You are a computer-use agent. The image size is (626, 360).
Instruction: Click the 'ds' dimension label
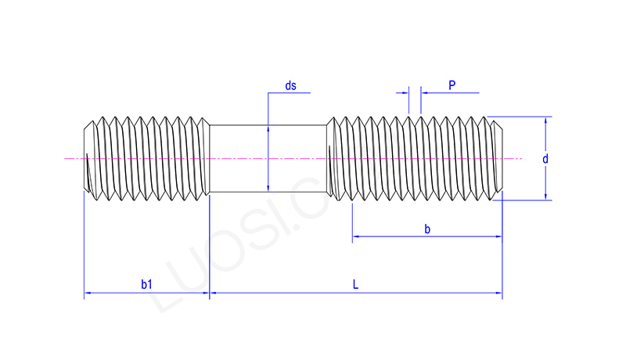290,85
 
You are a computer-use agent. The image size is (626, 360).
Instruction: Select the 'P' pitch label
452,84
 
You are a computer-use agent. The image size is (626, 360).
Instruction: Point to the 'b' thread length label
426,229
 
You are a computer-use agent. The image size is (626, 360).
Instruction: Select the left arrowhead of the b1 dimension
88,294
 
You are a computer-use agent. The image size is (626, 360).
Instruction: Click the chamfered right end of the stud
498,159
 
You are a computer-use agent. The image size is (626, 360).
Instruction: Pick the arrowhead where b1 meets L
210,294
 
